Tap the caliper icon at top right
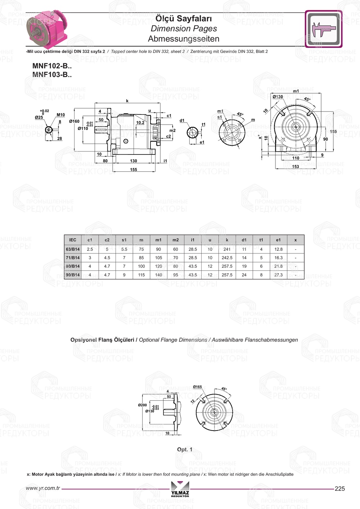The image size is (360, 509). click(323, 29)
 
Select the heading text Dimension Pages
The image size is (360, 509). click(184, 28)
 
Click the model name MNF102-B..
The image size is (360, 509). click(52, 66)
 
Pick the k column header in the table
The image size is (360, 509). click(227, 240)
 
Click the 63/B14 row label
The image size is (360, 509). click(73, 249)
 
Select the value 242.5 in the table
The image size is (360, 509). click(227, 258)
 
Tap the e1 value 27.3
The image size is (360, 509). click(278, 275)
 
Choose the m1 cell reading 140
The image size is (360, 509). click(158, 275)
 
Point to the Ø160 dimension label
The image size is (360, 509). click(74, 121)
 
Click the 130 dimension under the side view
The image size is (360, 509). click(134, 161)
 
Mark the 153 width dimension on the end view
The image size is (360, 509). click(296, 166)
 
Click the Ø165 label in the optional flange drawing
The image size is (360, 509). click(197, 387)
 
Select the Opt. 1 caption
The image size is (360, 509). click(185, 449)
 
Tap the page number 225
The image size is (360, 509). click(339, 488)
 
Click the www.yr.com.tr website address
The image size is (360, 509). click(43, 488)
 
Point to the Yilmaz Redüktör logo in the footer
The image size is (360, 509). click(180, 489)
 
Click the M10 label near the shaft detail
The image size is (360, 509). click(61, 115)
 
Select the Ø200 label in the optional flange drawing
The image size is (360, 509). click(142, 405)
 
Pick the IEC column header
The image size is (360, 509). click(73, 240)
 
